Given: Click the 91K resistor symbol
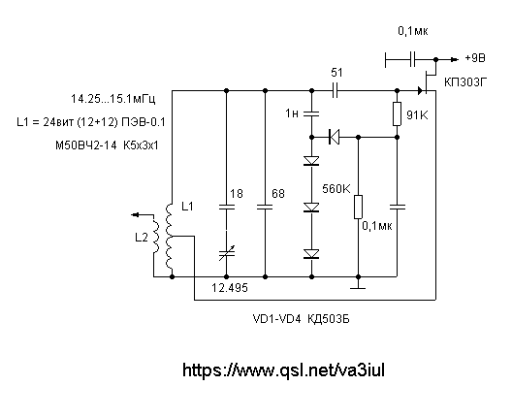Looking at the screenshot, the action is click(397, 113).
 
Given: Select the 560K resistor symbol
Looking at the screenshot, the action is click(358, 207).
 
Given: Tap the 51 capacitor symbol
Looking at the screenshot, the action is click(335, 90).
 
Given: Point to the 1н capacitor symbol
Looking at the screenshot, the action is click(311, 113).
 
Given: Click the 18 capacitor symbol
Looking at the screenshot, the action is click(226, 207).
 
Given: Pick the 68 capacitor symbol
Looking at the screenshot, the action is click(265, 207).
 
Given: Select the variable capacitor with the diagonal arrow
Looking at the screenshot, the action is click(226, 253).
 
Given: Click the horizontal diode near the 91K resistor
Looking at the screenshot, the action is click(334, 137).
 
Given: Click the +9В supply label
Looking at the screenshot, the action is click(475, 58).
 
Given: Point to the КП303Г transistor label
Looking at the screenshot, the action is click(465, 82).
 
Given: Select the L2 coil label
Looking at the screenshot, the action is click(142, 238).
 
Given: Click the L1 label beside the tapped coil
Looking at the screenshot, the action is click(187, 207).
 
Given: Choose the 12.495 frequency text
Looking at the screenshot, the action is click(230, 288).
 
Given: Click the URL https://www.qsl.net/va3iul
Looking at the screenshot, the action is click(283, 370).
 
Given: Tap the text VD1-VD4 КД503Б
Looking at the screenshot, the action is click(301, 319).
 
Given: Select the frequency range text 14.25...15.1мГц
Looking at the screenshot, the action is click(113, 99).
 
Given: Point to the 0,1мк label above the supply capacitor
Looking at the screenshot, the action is click(413, 31).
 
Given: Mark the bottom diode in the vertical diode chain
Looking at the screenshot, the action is click(311, 254).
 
